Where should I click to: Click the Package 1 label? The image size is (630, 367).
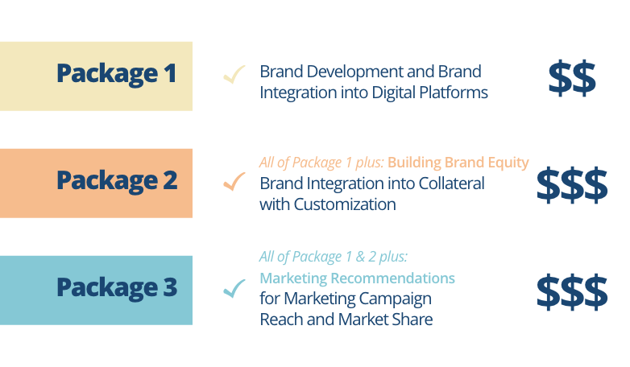pos(117,74)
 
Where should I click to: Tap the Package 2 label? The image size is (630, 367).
pos(117,181)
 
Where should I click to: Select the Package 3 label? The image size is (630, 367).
pos(117,288)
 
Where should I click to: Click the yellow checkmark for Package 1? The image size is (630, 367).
pos(234,74)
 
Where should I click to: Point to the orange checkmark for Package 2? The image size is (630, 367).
pos(234,182)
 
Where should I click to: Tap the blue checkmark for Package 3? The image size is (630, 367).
pos(234,288)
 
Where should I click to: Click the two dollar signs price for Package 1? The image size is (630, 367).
pos(572,78)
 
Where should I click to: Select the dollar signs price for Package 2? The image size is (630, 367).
pos(572,185)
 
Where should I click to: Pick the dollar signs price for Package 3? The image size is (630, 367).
pos(572,292)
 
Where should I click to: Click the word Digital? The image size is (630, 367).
pos(393,93)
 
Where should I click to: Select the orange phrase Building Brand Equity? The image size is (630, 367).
pos(458,163)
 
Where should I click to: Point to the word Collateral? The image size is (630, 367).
pos(452,183)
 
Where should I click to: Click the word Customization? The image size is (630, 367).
pos(345,204)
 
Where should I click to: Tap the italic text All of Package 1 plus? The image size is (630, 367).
pos(321,163)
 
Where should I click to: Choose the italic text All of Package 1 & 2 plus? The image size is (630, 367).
pos(334,257)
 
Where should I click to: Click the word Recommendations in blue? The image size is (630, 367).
pos(392,278)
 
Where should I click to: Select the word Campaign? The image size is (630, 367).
pos(395,299)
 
